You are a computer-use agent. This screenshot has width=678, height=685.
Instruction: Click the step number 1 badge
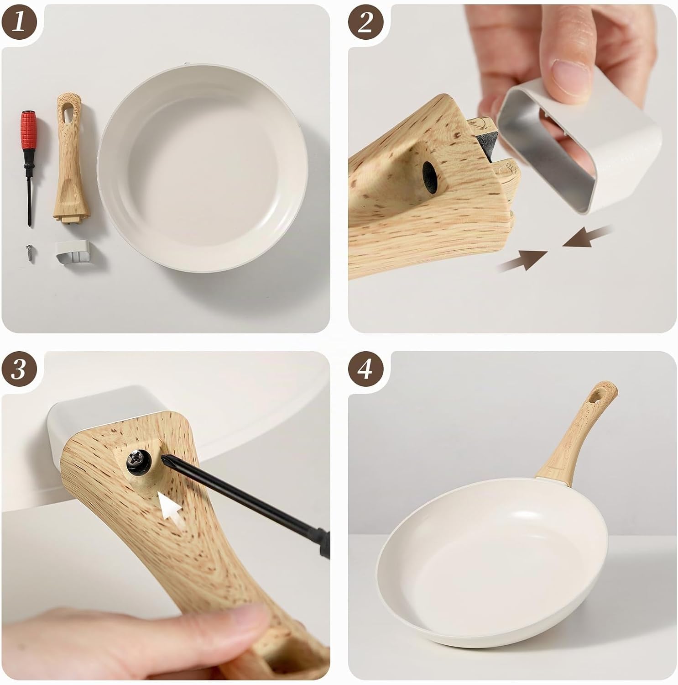[18, 22]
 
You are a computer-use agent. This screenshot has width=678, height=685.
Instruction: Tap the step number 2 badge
[365, 22]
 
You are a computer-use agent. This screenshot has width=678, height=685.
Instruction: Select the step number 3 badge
[18, 369]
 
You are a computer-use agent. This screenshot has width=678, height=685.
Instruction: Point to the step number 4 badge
[365, 369]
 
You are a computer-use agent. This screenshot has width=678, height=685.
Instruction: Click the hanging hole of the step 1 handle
[68, 113]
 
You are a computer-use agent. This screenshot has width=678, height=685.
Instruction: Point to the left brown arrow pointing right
[523, 260]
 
